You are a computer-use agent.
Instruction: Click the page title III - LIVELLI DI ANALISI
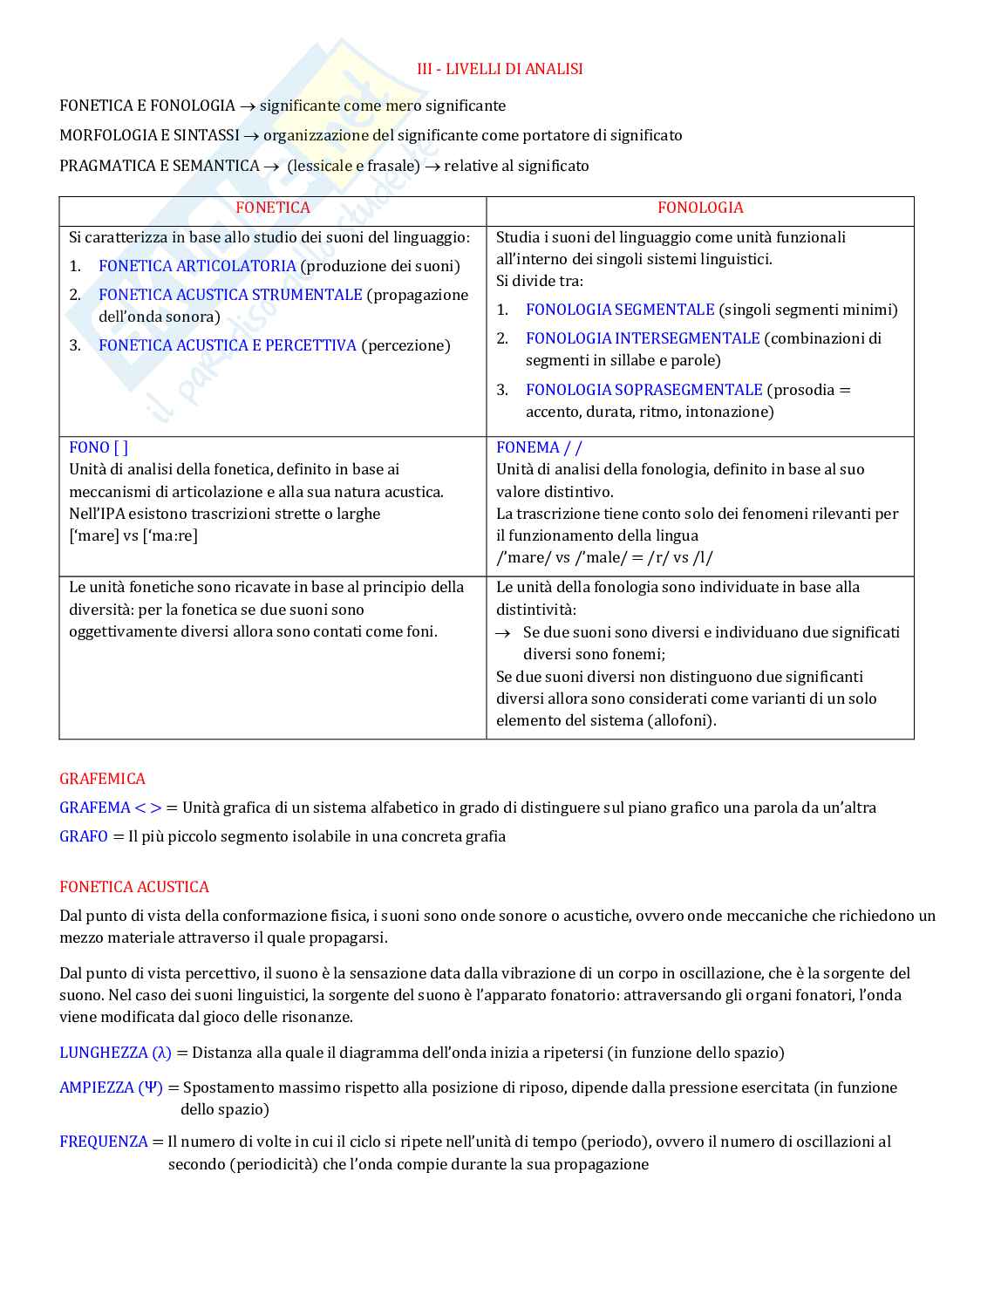click(x=500, y=69)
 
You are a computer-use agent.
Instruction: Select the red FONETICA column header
click(x=272, y=208)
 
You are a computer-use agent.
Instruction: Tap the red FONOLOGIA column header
click(x=700, y=208)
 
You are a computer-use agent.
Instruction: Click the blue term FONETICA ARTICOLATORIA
click(x=197, y=266)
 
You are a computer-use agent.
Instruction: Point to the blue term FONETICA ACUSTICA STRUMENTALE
click(x=230, y=295)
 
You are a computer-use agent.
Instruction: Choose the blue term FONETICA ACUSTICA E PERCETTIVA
click(x=228, y=345)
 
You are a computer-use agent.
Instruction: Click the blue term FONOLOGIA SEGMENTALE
click(x=620, y=310)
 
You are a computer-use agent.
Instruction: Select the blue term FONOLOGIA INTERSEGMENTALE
click(x=643, y=338)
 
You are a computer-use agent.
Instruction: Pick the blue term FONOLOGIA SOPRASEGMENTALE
click(x=643, y=390)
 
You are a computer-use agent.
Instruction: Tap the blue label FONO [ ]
click(x=99, y=447)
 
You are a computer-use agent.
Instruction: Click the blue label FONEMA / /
click(x=539, y=447)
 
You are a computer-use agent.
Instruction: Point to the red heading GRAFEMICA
click(x=102, y=779)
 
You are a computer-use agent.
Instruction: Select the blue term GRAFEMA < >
click(x=111, y=808)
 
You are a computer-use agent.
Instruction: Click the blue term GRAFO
click(x=84, y=836)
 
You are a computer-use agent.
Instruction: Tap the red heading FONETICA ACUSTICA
click(x=134, y=887)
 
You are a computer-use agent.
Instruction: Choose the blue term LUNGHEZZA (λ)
click(x=115, y=1053)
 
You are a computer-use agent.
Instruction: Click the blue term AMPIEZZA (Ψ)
click(x=111, y=1087)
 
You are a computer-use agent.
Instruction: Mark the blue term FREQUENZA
click(x=104, y=1142)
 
